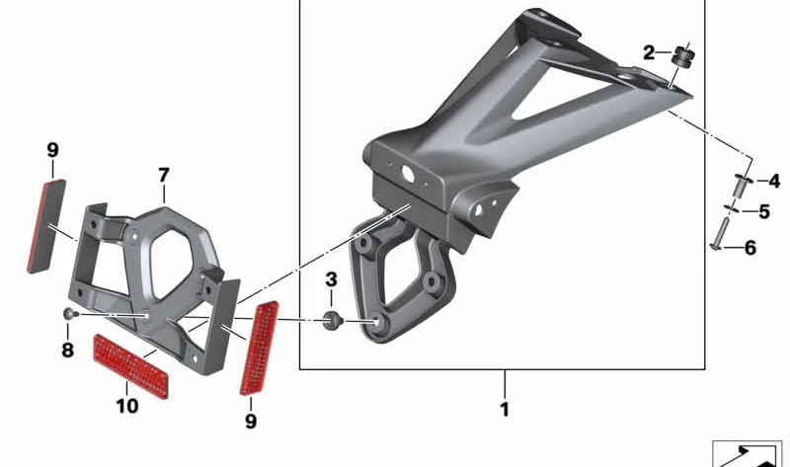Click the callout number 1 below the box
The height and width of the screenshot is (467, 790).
pos(505,410)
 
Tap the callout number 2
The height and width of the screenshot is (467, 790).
pos(649,52)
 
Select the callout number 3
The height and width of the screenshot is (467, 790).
pos(331,279)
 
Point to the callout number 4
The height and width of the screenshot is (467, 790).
pos(774,181)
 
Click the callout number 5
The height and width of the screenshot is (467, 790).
pos(763,211)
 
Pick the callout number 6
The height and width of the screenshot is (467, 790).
pos(750,248)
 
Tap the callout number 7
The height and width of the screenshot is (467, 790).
pos(164,176)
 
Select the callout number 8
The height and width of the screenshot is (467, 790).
pos(67,350)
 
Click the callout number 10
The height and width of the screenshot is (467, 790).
pos(127,406)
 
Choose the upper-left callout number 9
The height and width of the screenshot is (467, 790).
pos(52,150)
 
